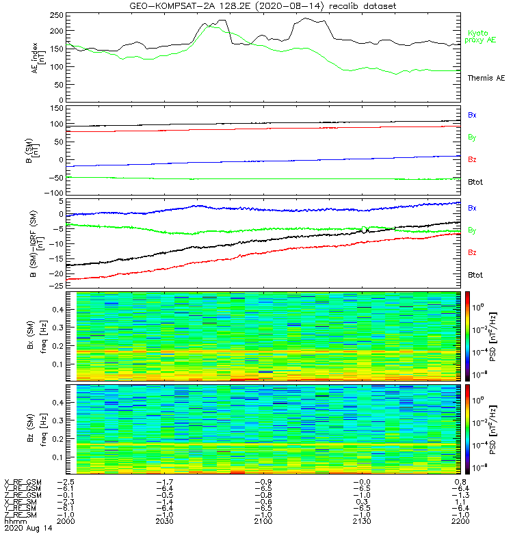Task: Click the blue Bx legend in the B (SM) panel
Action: click(x=473, y=115)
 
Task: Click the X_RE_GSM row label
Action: click(x=23, y=483)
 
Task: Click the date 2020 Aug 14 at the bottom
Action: click(x=27, y=529)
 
